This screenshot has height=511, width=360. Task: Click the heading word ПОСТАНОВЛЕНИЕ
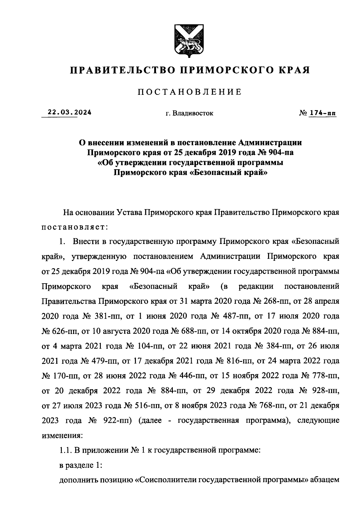190,92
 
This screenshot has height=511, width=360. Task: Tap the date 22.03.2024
66,113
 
